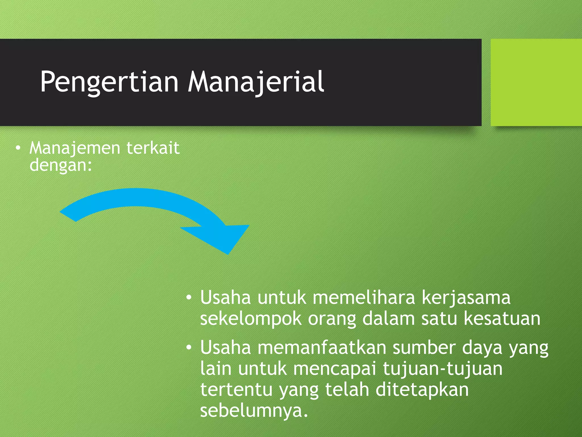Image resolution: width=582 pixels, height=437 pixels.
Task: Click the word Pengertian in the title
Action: pos(109,82)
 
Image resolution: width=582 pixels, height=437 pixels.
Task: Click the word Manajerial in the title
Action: pos(256,82)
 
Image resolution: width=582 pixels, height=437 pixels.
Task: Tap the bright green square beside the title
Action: pos(536,82)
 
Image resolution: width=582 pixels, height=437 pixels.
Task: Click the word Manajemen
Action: pos(75,149)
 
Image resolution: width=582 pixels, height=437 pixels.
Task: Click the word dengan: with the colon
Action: pos(61,165)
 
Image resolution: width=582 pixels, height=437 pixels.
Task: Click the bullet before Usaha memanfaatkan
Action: pos(189,348)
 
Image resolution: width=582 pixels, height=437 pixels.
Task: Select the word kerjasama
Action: pos(466,298)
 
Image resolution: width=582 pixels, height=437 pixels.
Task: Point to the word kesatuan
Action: pos(502,319)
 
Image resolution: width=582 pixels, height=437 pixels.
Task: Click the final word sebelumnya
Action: pos(254,411)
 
